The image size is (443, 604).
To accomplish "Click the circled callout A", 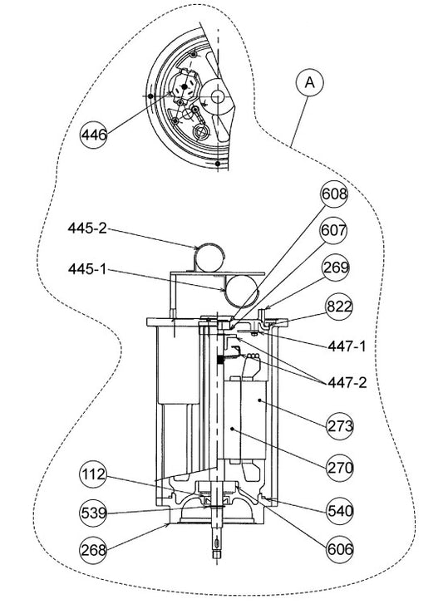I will pos(309,83).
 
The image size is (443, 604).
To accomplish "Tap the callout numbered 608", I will pos(334,195).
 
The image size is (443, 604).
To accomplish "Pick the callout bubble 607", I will pos(333,231).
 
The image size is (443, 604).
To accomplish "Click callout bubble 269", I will pos(337,268).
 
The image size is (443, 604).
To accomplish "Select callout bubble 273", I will pos(341,426).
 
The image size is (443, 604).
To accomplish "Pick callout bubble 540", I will pos(340,512).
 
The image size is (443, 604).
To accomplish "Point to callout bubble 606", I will pos(340,548).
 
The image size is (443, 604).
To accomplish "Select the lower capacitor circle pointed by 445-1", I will pos(240,291).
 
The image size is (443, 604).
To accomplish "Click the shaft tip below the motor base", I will pos(219,550).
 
